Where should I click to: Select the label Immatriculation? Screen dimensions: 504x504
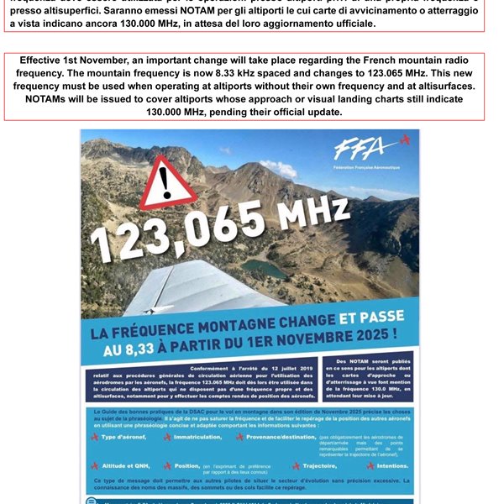click(197, 437)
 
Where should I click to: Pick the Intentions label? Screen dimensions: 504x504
click(390, 465)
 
